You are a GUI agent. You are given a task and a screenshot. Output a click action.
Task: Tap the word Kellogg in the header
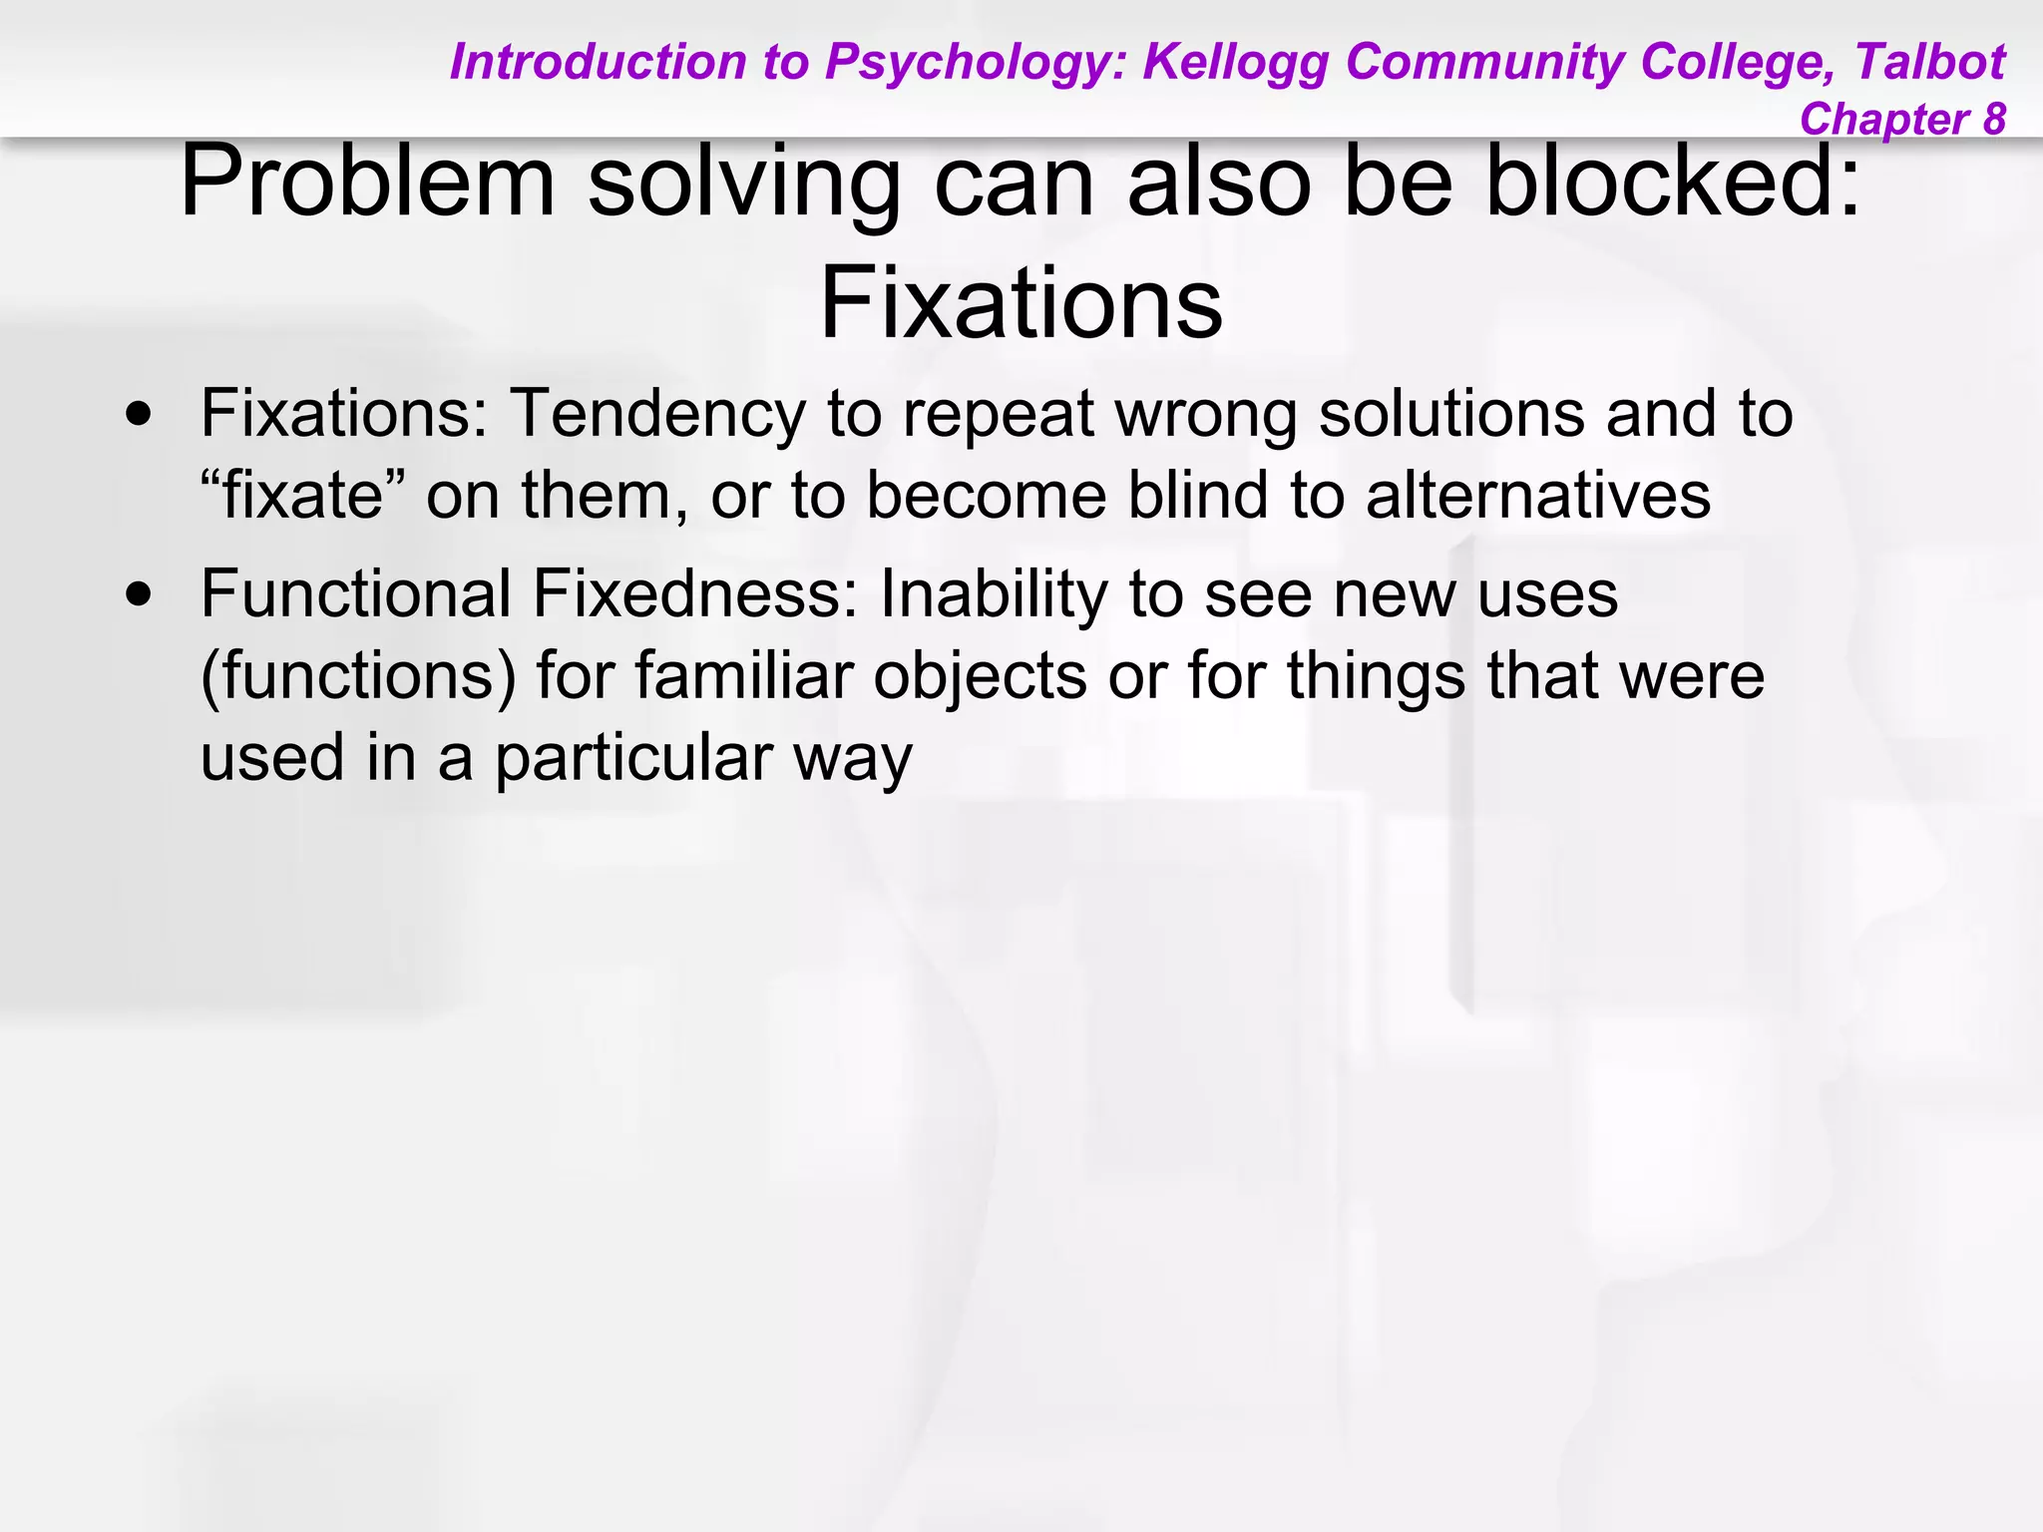tap(1237, 63)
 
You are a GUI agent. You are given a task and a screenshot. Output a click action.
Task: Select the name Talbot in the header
tap(1929, 63)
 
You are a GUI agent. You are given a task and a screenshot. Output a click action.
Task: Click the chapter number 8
tap(1993, 120)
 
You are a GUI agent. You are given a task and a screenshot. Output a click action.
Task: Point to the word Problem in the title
tap(366, 182)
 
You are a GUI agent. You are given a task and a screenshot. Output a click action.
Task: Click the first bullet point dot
tap(140, 415)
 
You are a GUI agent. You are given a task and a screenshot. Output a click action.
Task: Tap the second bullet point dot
tap(140, 595)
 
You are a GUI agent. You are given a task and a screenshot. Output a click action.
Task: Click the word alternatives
tap(1537, 496)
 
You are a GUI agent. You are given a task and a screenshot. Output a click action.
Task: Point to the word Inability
tap(994, 595)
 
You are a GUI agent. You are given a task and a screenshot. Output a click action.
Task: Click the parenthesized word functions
tap(358, 677)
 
